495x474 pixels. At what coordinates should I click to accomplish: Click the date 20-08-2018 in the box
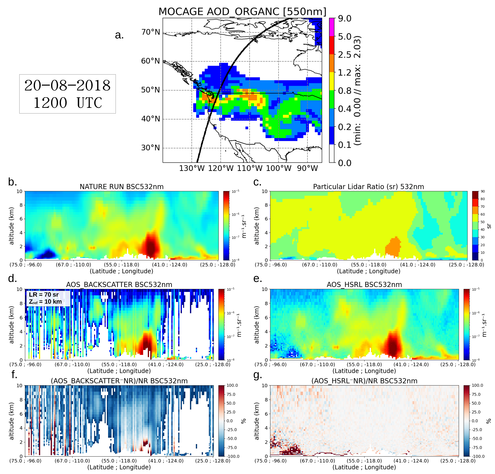(x=67, y=86)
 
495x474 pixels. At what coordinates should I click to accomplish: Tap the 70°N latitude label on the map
(x=150, y=32)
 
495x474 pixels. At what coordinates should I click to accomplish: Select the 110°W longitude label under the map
(x=249, y=168)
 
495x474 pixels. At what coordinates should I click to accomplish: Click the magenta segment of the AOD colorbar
(x=332, y=27)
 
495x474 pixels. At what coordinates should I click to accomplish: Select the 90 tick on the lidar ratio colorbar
(x=483, y=191)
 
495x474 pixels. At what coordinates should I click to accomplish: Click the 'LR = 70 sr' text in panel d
(x=44, y=295)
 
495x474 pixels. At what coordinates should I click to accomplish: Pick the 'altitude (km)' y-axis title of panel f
(x=11, y=421)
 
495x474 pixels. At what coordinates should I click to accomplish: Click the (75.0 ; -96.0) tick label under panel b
(x=25, y=265)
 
